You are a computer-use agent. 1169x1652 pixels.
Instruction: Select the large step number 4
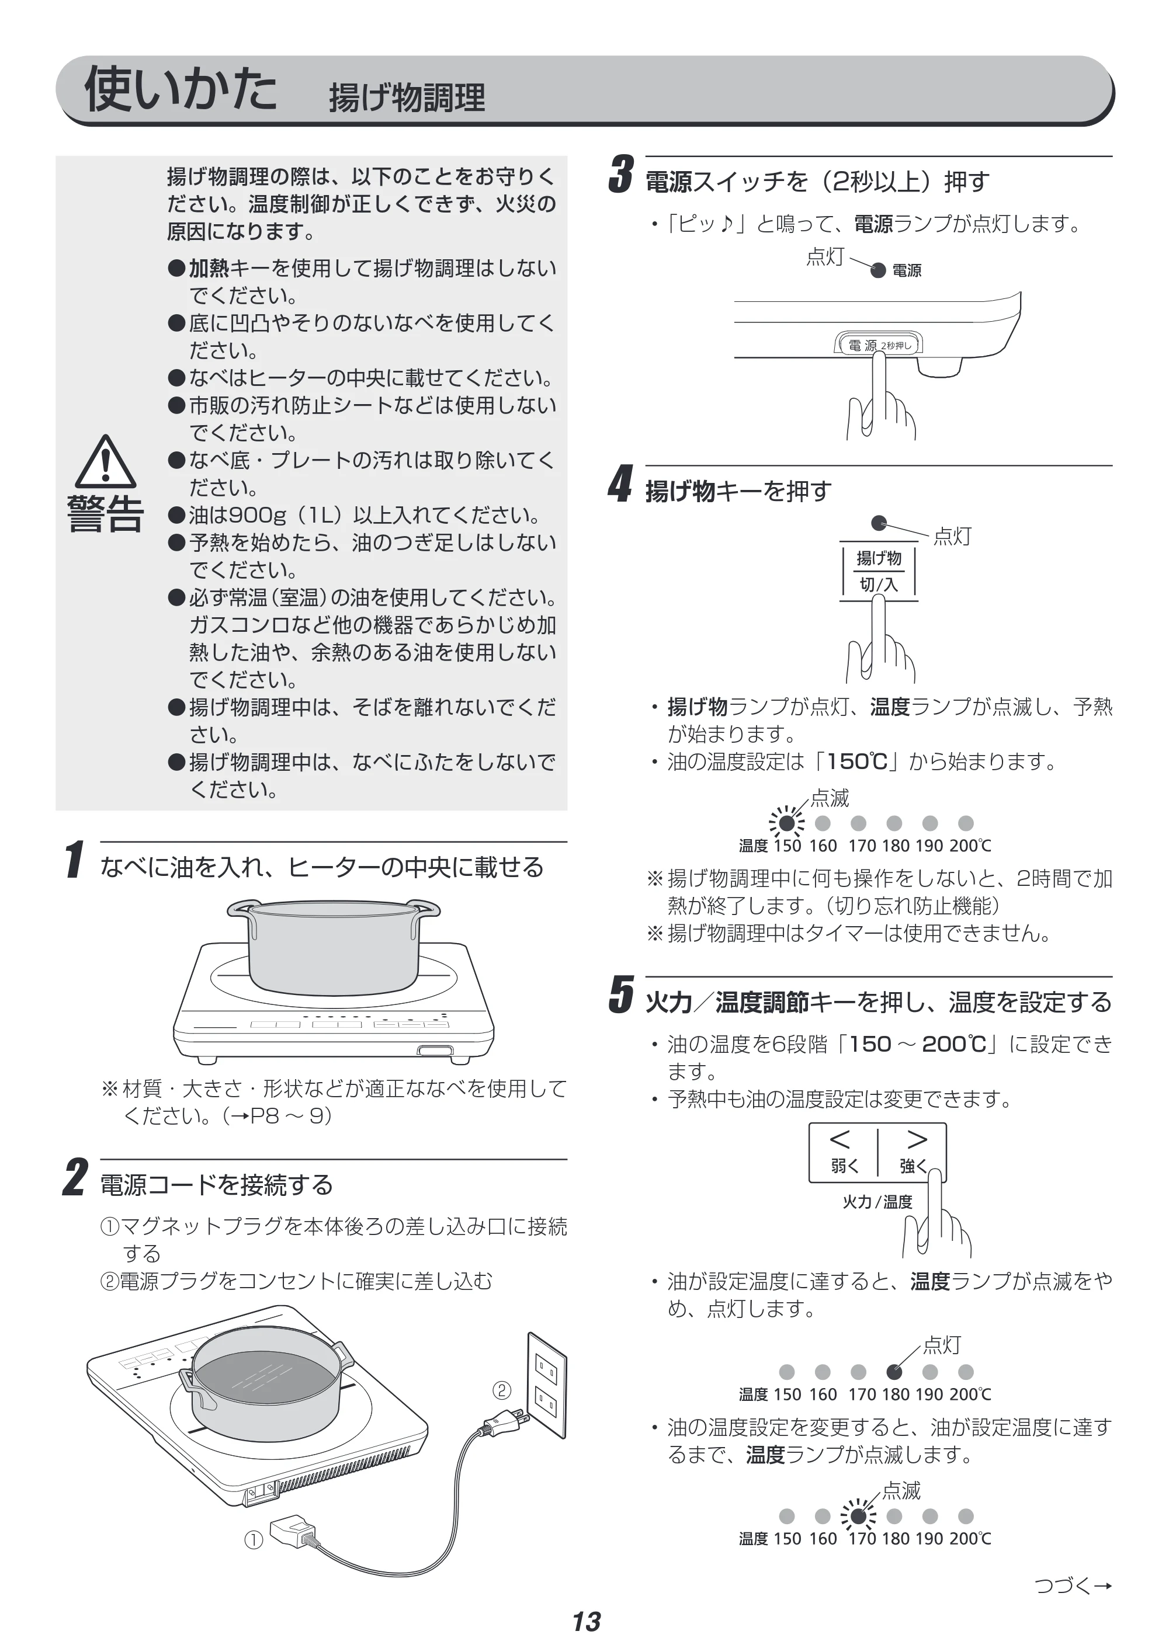point(620,484)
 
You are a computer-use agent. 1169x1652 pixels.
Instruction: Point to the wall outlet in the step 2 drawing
point(547,1385)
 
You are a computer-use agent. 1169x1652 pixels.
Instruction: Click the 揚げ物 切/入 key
point(878,571)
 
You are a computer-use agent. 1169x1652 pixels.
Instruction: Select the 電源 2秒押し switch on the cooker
point(878,345)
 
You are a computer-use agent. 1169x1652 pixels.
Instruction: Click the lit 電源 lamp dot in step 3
point(878,270)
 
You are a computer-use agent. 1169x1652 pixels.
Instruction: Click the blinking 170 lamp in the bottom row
point(858,1516)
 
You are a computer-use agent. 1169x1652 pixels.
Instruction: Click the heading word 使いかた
point(181,89)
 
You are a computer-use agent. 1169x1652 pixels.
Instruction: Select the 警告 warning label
point(105,514)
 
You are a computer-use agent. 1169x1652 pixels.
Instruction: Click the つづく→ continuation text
point(1073,1585)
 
